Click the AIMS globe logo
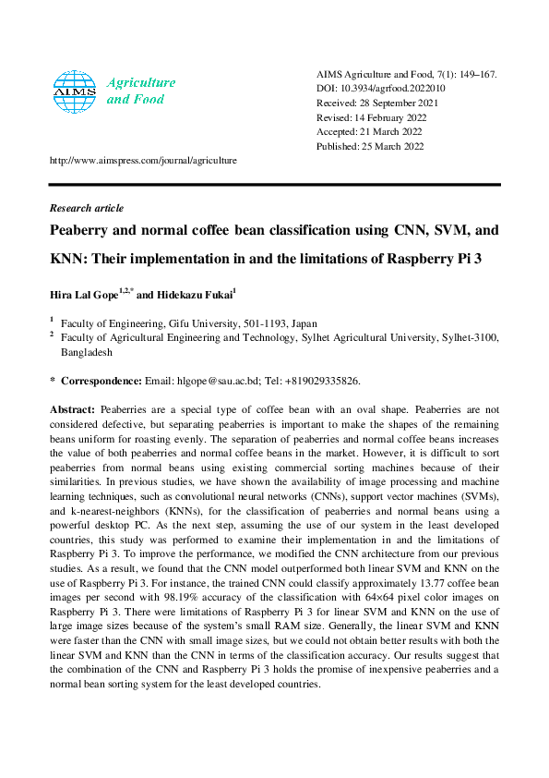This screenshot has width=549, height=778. coord(75,91)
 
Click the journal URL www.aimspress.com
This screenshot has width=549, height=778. coord(143,160)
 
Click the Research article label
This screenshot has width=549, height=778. coord(87,208)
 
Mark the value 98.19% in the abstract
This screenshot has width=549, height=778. coord(198,585)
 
